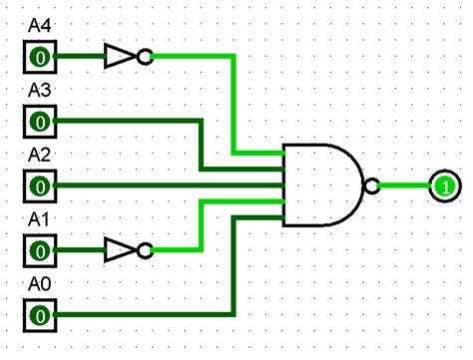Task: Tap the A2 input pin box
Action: tap(39, 185)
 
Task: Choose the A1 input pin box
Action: tap(39, 249)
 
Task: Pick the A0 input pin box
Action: tap(39, 314)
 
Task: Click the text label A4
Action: tap(39, 19)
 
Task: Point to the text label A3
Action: tap(39, 90)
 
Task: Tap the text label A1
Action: tap(39, 217)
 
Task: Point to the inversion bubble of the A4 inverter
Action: tap(145, 57)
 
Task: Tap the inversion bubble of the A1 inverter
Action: tap(145, 249)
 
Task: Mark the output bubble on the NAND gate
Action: tap(372, 185)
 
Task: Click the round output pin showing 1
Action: tap(444, 185)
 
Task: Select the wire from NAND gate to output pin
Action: tap(404, 185)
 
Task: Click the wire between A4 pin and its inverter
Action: tap(80, 57)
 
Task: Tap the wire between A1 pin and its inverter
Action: tap(80, 249)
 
